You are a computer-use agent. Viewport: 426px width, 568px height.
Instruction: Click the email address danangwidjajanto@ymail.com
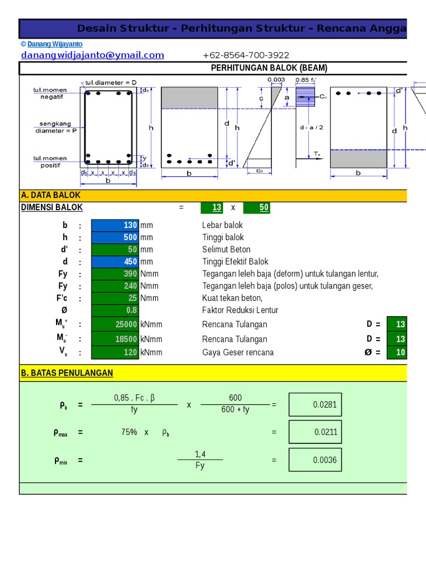tap(93, 55)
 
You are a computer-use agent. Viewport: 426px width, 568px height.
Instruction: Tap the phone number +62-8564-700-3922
tap(246, 55)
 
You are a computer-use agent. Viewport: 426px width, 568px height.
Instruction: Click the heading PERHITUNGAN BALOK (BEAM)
tap(269, 68)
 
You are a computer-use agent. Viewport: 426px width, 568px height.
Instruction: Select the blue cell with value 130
tap(115, 225)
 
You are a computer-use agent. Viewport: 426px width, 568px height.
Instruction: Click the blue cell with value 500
tap(115, 237)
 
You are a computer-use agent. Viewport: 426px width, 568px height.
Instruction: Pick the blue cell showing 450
tap(115, 262)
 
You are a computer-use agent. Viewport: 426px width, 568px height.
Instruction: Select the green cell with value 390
tap(115, 274)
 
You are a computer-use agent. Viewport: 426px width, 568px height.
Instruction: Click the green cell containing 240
tap(115, 286)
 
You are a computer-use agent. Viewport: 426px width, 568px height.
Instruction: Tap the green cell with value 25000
tap(115, 324)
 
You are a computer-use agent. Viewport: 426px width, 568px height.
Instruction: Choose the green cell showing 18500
tap(115, 339)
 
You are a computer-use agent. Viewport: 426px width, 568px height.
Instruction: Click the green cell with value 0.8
tap(115, 311)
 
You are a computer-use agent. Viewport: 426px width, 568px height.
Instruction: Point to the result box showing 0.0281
tap(315, 404)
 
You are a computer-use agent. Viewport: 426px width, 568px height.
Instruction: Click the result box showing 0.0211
tap(315, 432)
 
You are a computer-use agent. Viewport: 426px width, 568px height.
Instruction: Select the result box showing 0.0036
tap(315, 460)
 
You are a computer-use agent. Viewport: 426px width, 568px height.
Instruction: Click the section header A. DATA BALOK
tap(51, 195)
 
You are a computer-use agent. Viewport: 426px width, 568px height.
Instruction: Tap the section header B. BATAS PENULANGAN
tap(67, 373)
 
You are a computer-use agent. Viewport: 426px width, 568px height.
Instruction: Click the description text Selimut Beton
tap(226, 250)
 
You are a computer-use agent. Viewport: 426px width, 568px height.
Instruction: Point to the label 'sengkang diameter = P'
tap(56, 128)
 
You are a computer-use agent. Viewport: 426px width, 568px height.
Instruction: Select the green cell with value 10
tap(397, 352)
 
